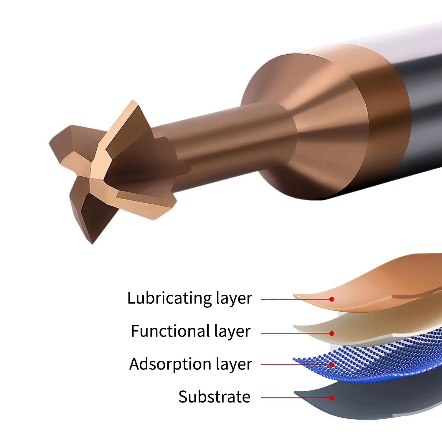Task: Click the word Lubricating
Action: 169,298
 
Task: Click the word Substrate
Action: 214,397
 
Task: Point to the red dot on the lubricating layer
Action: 332,299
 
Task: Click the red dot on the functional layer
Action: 332,333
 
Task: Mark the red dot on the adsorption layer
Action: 332,365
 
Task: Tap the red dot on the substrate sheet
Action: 332,398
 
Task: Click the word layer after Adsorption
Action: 234,364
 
